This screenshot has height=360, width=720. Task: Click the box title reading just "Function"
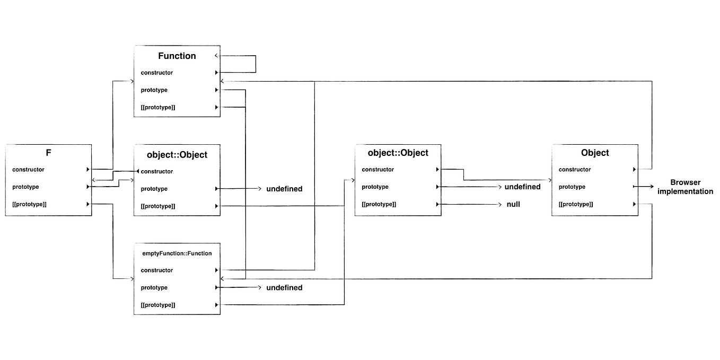pyautogui.click(x=177, y=56)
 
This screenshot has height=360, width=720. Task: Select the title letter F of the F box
pyautogui.click(x=48, y=153)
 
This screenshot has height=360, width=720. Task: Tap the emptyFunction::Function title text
pyautogui.click(x=177, y=253)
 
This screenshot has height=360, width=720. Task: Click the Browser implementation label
pyautogui.click(x=685, y=187)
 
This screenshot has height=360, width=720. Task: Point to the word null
pyautogui.click(x=513, y=204)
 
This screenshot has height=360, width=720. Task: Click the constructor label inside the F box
pyautogui.click(x=28, y=170)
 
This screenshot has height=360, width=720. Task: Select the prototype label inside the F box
pyautogui.click(x=25, y=187)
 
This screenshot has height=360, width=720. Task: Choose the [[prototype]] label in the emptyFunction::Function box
pyautogui.click(x=158, y=305)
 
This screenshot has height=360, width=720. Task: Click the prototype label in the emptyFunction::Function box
pyautogui.click(x=154, y=287)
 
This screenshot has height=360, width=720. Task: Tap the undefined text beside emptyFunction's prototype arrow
pyautogui.click(x=284, y=287)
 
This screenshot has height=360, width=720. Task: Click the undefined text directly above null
pyautogui.click(x=522, y=187)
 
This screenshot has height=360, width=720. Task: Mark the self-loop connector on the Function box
pyautogui.click(x=255, y=64)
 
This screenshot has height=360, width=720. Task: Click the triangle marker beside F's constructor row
pyautogui.click(x=87, y=170)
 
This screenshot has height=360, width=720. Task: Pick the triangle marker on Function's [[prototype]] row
pyautogui.click(x=216, y=107)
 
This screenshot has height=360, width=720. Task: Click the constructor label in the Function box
pyautogui.click(x=156, y=73)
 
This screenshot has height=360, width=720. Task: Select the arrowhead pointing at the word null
pyautogui.click(x=499, y=204)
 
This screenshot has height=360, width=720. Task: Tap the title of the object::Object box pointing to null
pyautogui.click(x=398, y=153)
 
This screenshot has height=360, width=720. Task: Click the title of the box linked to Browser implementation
pyautogui.click(x=595, y=153)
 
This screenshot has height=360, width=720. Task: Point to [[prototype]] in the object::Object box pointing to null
pyautogui.click(x=379, y=204)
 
